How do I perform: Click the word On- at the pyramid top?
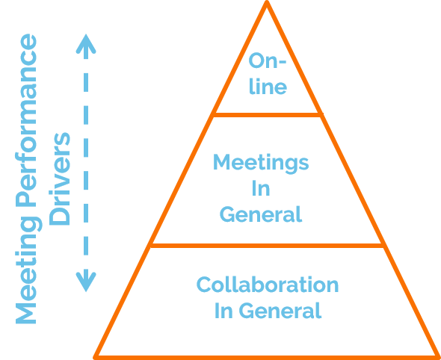click(268, 60)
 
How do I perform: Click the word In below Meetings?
click(261, 188)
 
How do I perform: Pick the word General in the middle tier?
click(261, 214)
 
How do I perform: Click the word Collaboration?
click(268, 285)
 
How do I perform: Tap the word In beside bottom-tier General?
click(223, 310)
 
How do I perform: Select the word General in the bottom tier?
click(280, 310)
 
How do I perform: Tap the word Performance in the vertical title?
click(27, 120)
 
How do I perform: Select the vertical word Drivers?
click(59, 179)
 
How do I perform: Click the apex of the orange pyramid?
click(267, 1)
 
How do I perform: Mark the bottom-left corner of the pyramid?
click(95, 358)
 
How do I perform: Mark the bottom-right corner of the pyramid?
click(438, 358)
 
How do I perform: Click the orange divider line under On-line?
click(268, 115)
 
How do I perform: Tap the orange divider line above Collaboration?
click(267, 246)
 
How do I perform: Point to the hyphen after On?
click(282, 61)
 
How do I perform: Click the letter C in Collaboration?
click(203, 285)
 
